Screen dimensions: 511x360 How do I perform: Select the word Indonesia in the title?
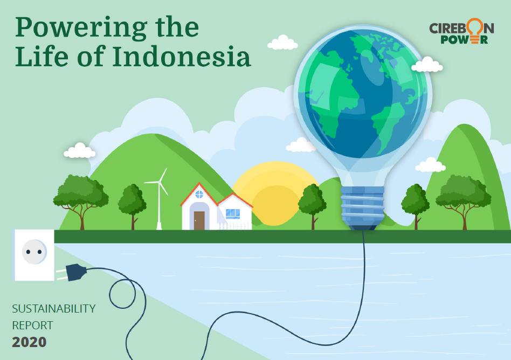click(182, 57)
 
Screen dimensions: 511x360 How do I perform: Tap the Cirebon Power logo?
click(461, 31)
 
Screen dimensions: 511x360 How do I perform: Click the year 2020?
click(29, 342)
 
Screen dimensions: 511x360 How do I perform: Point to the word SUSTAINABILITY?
click(54, 308)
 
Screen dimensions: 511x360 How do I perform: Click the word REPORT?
click(32, 325)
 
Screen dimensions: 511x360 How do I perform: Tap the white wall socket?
click(33, 255)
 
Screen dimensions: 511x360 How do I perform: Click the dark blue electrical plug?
click(72, 272)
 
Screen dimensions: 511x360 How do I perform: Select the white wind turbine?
click(158, 199)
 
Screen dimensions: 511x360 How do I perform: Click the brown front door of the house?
click(199, 220)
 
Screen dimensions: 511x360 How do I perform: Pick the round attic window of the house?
click(199, 195)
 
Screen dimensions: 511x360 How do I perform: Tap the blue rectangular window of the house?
click(233, 214)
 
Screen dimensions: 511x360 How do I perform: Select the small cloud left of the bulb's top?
click(282, 43)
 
